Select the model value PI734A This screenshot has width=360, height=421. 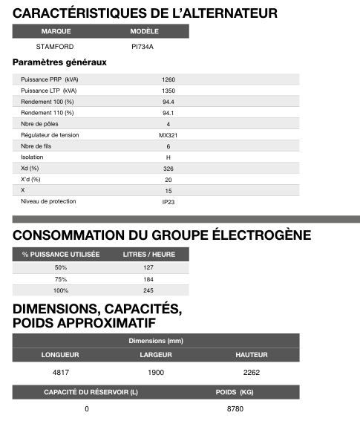pos(143,47)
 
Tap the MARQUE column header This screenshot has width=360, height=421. pos(56,31)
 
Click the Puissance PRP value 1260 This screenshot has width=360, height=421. pos(168,79)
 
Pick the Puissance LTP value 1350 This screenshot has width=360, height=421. pos(168,91)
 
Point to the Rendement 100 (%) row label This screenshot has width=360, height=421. pos(48,102)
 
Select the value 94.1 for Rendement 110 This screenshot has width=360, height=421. pos(168,113)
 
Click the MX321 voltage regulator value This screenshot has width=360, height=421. pos(168,135)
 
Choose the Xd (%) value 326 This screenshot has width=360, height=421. pos(168,169)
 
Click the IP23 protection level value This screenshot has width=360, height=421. pos(168,201)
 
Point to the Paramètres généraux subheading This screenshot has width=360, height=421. pos(60,62)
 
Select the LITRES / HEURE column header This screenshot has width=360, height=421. pos(148,254)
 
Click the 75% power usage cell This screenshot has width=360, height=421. pos(61,279)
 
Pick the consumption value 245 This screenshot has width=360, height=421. pos(148,290)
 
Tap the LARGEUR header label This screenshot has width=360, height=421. pos(156,355)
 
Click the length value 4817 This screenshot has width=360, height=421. pos(60,372)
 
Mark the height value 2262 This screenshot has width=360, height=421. pos(251,372)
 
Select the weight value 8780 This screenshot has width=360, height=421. pos(235,409)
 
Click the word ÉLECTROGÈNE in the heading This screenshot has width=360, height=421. pos(254,235)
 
